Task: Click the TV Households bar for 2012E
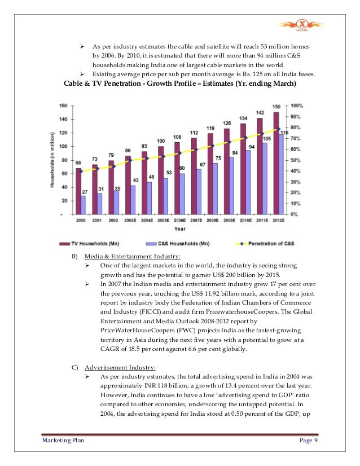click(x=276, y=163)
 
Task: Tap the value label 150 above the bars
click(x=276, y=107)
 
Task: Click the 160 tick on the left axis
click(x=63, y=105)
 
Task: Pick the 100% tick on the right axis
click(x=298, y=105)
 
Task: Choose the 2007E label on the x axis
click(x=195, y=221)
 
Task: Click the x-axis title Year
click(x=180, y=229)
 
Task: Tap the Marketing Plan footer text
click(x=63, y=440)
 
